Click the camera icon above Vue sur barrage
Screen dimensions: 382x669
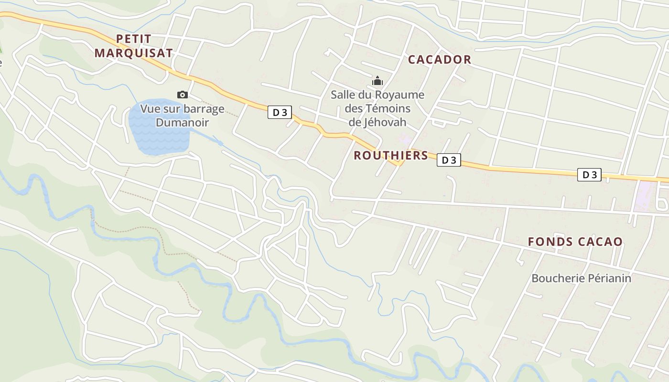point(183,95)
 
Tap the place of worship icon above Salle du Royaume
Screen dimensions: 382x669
point(378,81)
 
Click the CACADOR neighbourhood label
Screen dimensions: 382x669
point(439,60)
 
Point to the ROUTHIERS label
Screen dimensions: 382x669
point(391,155)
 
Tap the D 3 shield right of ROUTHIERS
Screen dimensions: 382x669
point(449,160)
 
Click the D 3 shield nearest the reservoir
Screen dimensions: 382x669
point(280,113)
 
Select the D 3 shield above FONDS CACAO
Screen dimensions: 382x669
point(589,175)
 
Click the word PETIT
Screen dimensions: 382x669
point(133,39)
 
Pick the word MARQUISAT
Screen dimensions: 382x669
point(133,53)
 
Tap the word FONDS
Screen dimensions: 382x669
point(550,242)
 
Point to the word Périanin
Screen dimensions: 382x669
point(611,278)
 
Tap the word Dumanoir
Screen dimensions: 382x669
point(182,123)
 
